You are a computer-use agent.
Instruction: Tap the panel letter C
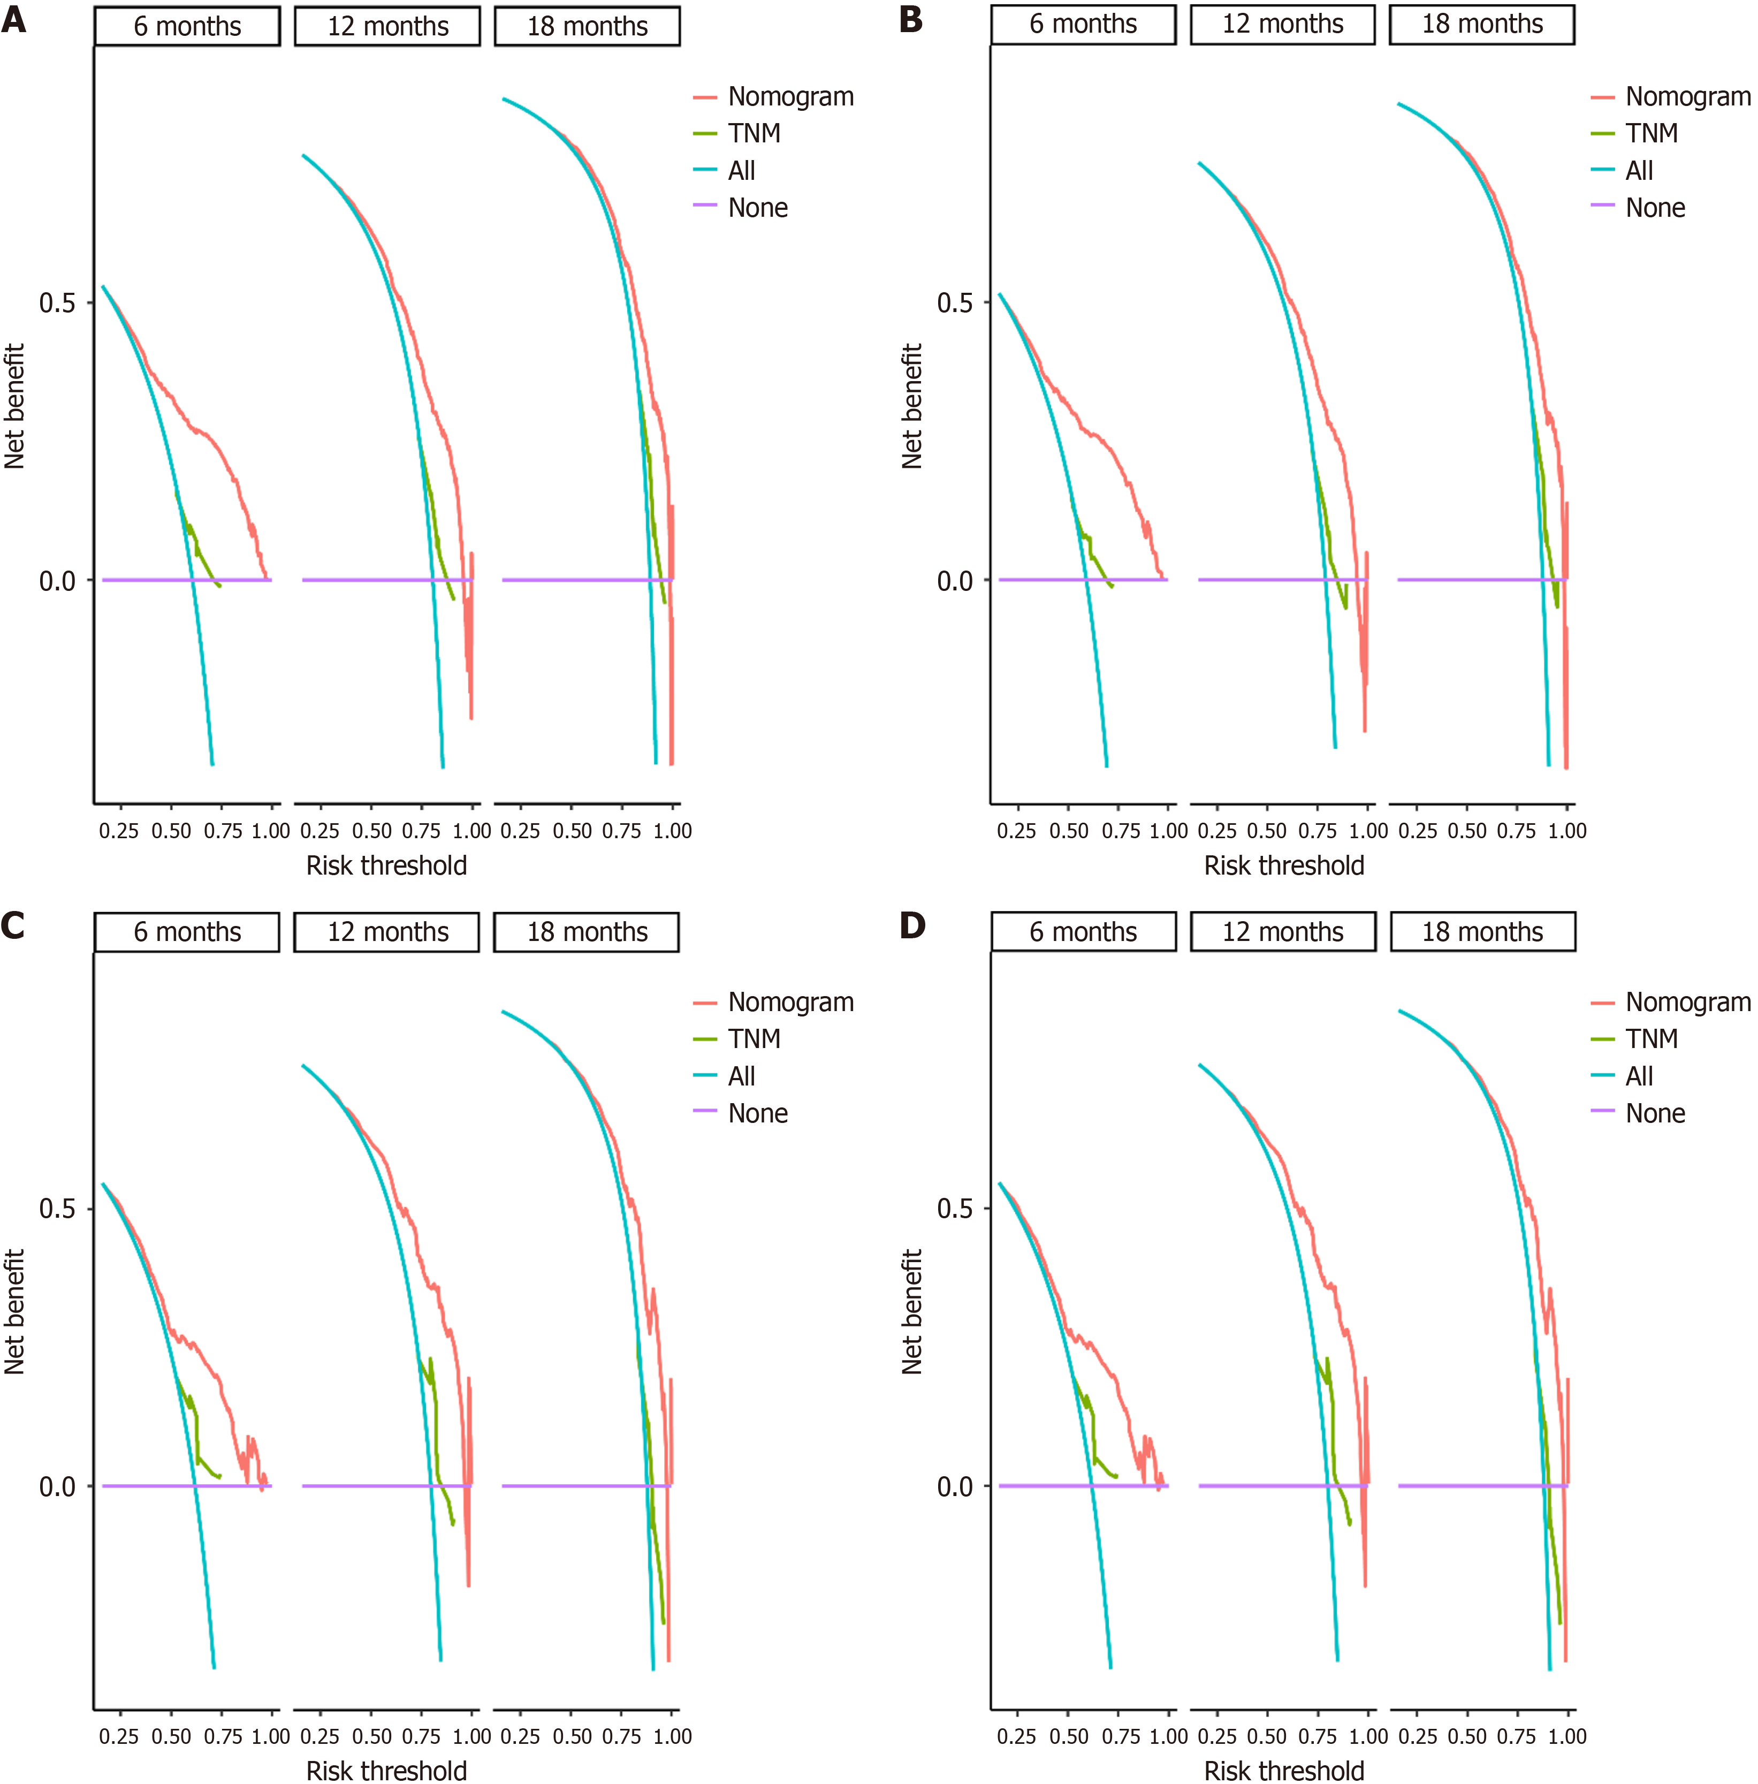[14, 925]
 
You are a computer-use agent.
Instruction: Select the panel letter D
[911, 925]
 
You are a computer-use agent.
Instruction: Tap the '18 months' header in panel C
[587, 932]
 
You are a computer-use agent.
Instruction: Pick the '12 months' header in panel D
[1282, 932]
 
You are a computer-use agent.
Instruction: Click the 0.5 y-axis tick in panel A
[57, 303]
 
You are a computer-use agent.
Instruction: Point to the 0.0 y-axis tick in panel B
[955, 581]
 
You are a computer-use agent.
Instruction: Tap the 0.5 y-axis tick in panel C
[57, 1209]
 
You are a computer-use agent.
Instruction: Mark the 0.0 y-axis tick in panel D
[955, 1487]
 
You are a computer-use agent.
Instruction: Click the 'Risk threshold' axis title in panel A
[386, 866]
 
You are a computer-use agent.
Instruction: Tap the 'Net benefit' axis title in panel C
[14, 1312]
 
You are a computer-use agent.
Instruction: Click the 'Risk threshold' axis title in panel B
[1283, 866]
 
